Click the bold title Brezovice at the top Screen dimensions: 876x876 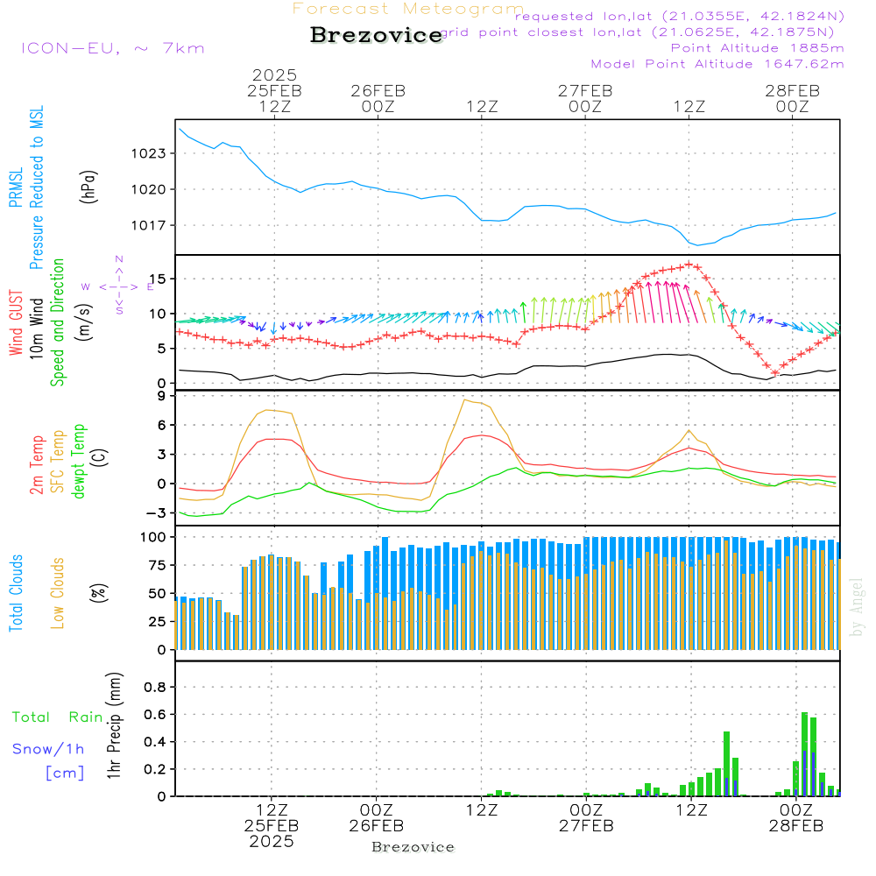point(376,36)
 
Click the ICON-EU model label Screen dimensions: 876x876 point(112,48)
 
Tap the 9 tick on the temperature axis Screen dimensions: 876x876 point(160,396)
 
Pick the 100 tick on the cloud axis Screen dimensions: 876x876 point(151,536)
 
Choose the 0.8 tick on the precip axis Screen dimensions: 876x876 point(154,687)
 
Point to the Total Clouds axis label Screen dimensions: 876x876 point(16,593)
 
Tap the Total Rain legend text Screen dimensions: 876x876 point(58,717)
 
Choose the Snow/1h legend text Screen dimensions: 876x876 point(49,749)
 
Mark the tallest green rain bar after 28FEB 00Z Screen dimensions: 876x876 point(804,753)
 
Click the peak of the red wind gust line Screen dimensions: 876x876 point(690,264)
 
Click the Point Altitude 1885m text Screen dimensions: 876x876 point(757,47)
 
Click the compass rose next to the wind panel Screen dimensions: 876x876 point(118,286)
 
